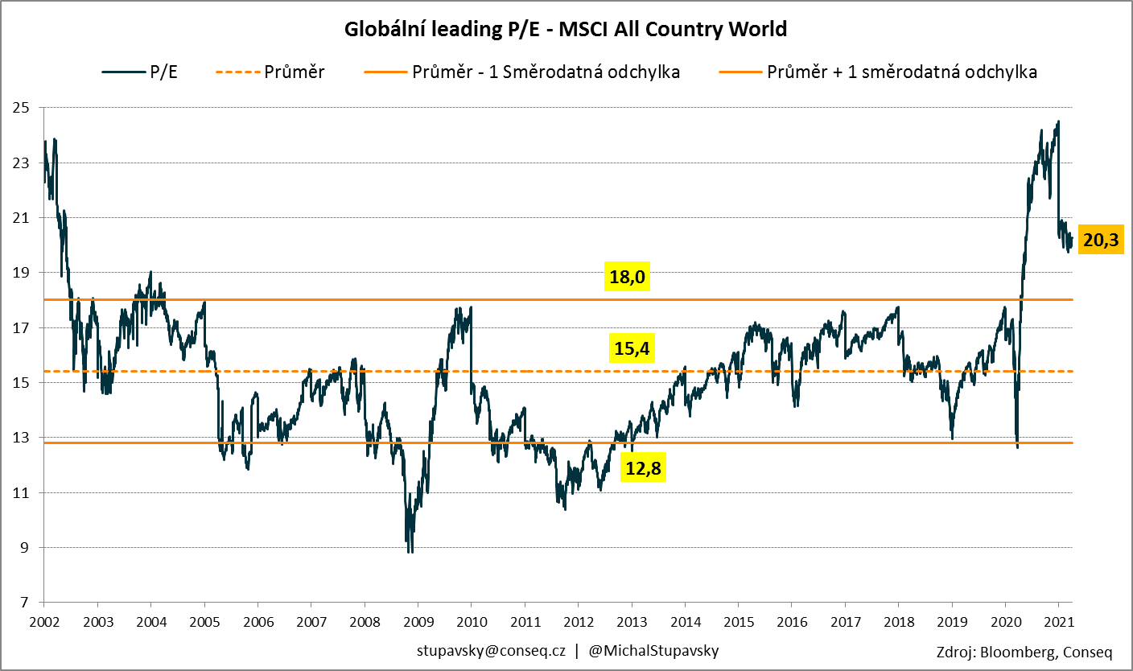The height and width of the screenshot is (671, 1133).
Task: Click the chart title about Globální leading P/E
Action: pyautogui.click(x=566, y=30)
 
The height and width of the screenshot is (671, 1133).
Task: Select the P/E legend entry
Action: pyautogui.click(x=140, y=72)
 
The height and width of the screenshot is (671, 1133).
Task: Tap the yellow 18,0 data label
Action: pyautogui.click(x=627, y=278)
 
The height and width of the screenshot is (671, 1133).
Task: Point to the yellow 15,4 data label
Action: pyautogui.click(x=632, y=349)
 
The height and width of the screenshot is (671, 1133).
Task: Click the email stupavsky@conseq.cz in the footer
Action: pyautogui.click(x=491, y=649)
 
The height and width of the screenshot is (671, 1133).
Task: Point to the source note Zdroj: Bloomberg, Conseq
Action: pyautogui.click(x=1024, y=652)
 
